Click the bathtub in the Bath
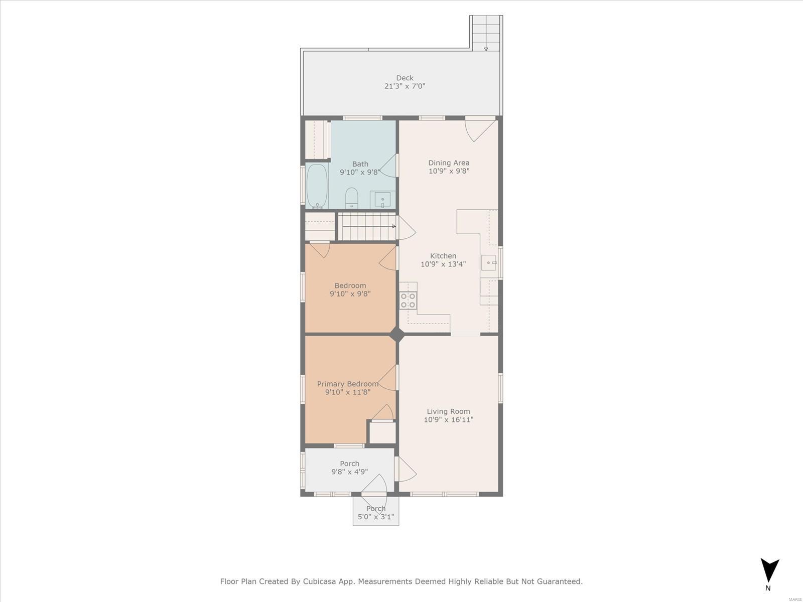pyautogui.click(x=317, y=186)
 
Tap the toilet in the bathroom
pyautogui.click(x=352, y=198)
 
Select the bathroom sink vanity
pyautogui.click(x=382, y=200)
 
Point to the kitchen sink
pyautogui.click(x=489, y=262)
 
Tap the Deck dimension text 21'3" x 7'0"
pyautogui.click(x=405, y=86)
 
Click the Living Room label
pyautogui.click(x=449, y=411)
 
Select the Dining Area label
pyautogui.click(x=449, y=163)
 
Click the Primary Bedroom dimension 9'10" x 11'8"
pyautogui.click(x=348, y=392)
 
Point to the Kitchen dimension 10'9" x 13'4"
pyautogui.click(x=443, y=264)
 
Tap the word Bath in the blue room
pyautogui.click(x=360, y=164)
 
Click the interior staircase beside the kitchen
pyautogui.click(x=367, y=227)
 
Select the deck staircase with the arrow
pyautogui.click(x=486, y=33)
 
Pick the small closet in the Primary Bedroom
pyautogui.click(x=382, y=433)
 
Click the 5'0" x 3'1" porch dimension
pyautogui.click(x=376, y=517)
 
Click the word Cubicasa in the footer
pyautogui.click(x=318, y=581)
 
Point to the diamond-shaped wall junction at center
pyautogui.click(x=397, y=335)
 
